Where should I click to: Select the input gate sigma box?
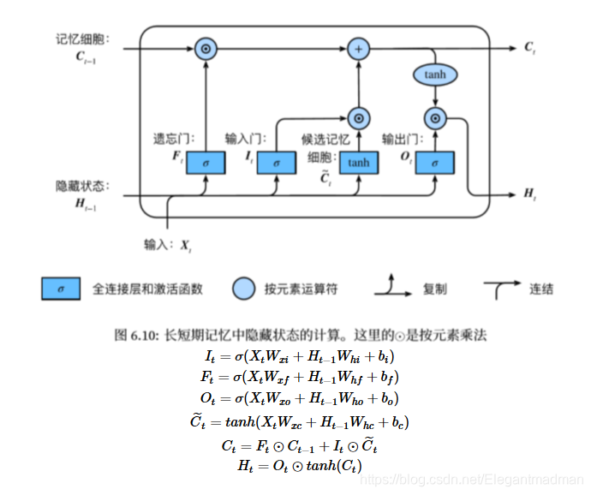275,162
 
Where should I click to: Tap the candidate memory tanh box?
358,162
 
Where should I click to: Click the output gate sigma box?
435,162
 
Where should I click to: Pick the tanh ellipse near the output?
435,75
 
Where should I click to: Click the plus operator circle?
359,49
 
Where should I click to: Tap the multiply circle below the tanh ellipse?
435,118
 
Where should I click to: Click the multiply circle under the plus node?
359,118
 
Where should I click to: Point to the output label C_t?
530,48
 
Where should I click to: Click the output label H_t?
530,194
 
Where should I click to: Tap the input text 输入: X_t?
168,245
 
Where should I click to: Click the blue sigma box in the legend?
61,289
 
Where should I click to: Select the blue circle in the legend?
244,289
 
